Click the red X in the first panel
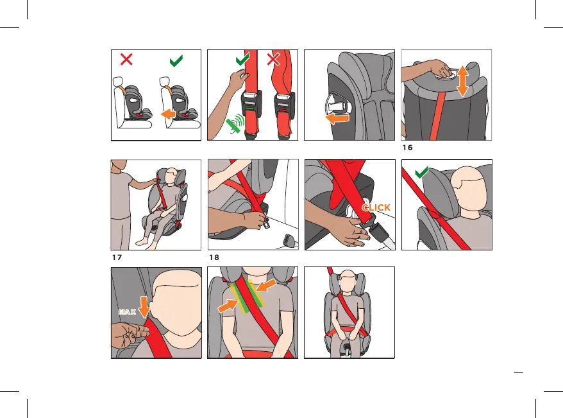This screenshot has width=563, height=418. point(126,59)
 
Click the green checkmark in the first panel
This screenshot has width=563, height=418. point(176,61)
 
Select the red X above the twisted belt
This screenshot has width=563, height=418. point(273,59)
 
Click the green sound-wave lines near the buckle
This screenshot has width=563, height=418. point(235,124)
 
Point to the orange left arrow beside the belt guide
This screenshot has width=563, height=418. point(337,119)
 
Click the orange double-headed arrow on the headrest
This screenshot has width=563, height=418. point(463,81)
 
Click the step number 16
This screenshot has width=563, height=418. point(408,148)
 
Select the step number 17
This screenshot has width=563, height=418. point(117,257)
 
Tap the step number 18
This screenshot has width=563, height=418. point(214,257)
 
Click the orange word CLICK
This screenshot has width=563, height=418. point(376,208)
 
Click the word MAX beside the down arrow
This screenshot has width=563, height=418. point(128,311)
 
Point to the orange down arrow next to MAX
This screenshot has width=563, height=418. point(144,307)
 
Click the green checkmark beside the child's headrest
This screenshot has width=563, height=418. point(421,172)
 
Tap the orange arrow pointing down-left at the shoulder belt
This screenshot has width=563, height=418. point(266,286)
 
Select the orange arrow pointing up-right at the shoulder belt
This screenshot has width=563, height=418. point(228,306)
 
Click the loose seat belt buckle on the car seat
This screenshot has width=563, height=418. point(290,240)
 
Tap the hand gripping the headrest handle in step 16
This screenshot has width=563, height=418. point(442,68)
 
